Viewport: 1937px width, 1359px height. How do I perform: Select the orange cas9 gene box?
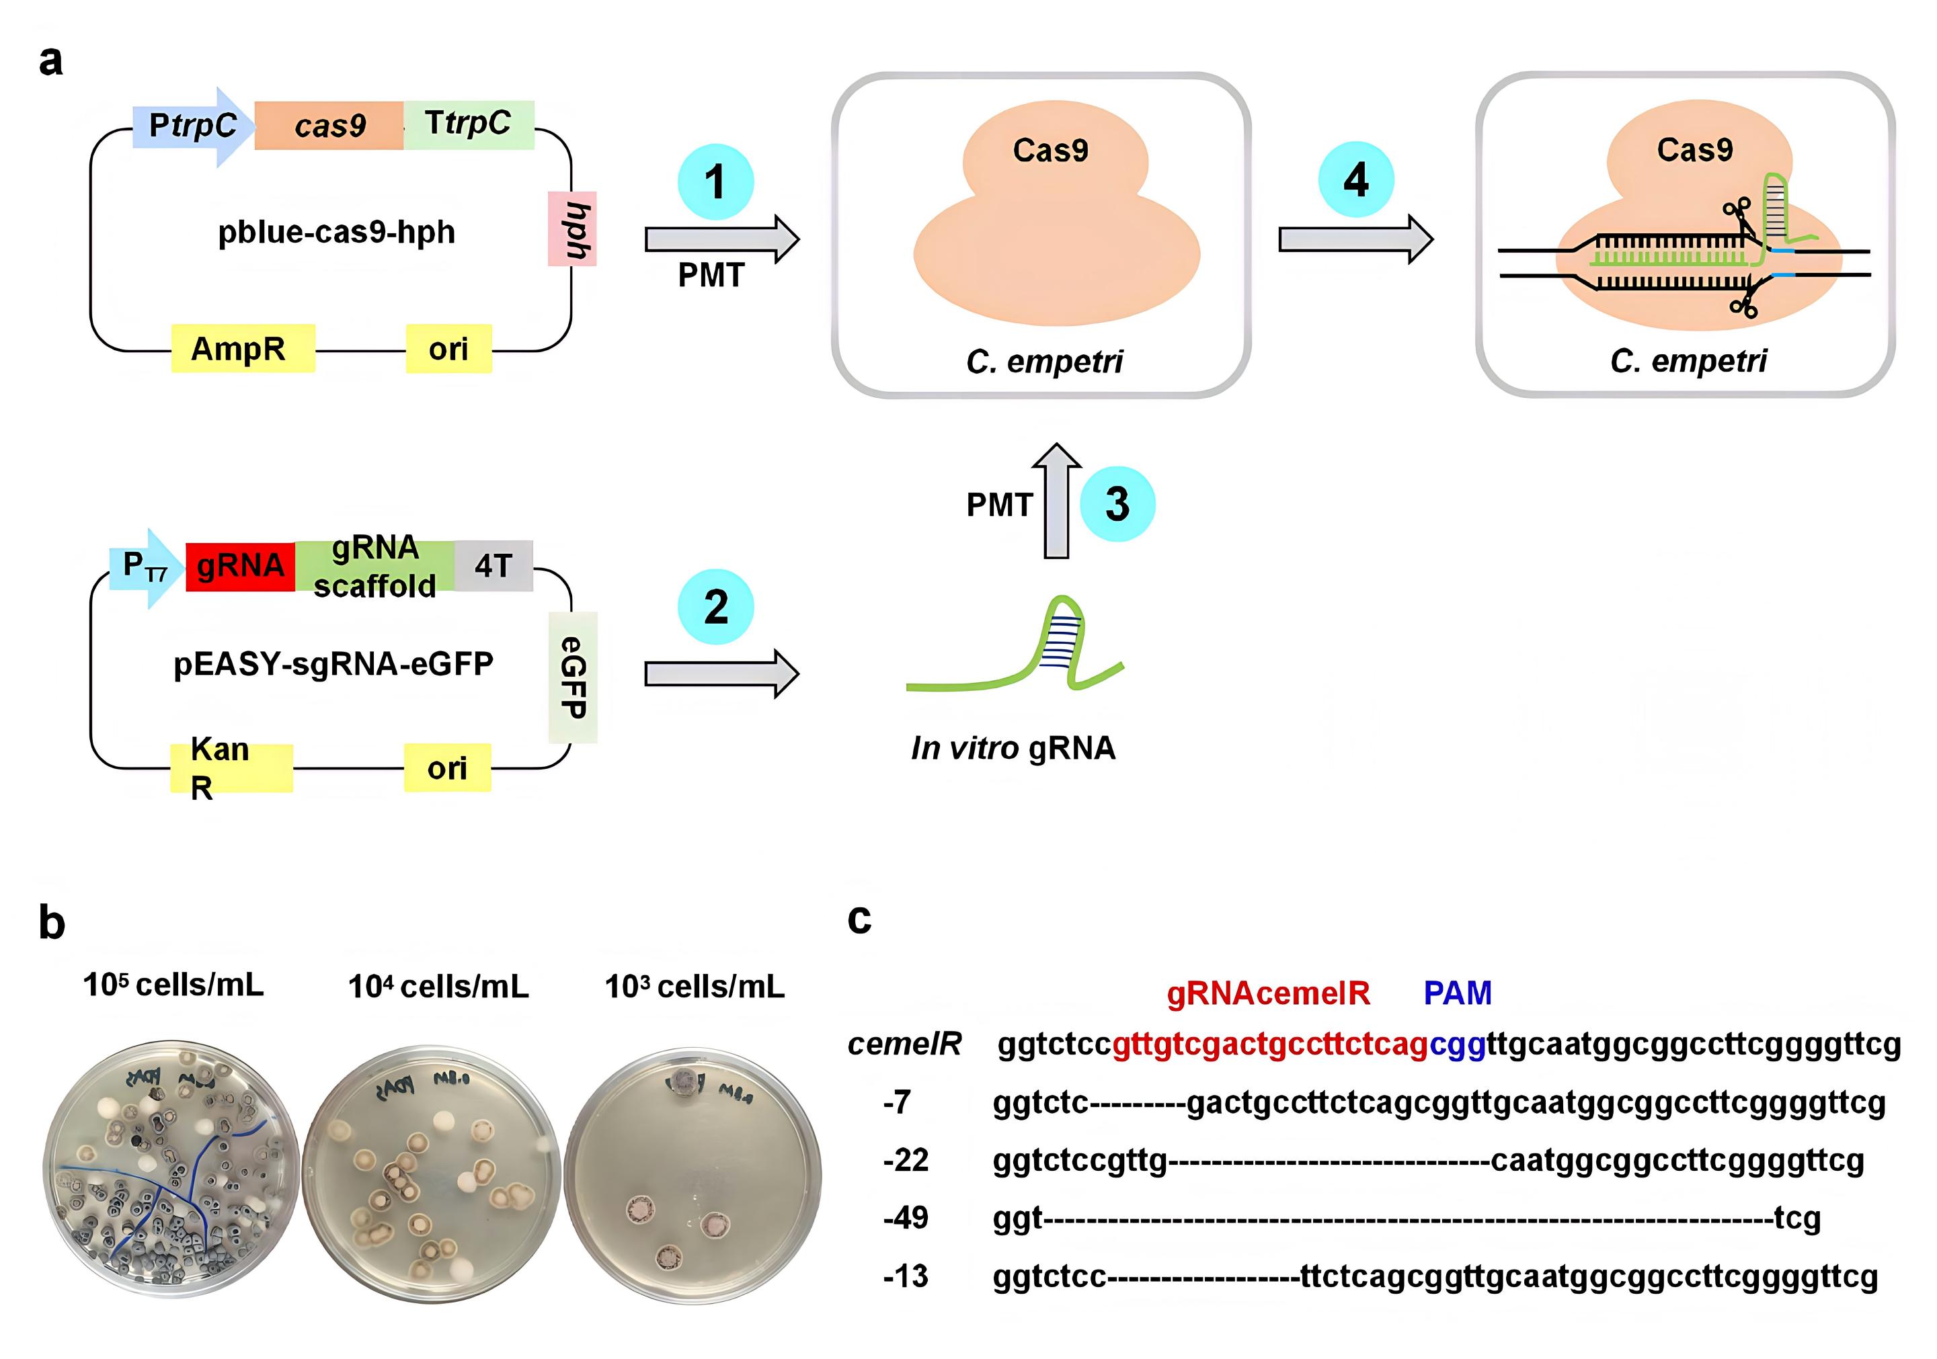pyautogui.click(x=329, y=126)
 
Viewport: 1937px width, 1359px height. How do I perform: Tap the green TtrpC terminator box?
pyautogui.click(x=468, y=124)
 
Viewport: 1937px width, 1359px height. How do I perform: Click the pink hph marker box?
pyautogui.click(x=573, y=229)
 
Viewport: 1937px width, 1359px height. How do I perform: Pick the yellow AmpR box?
pyautogui.click(x=243, y=348)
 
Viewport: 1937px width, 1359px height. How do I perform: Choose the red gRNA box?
pyautogui.click(x=241, y=566)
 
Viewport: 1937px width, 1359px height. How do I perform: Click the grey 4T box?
pyautogui.click(x=493, y=566)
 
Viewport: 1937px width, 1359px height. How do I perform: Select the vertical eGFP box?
pyautogui.click(x=573, y=677)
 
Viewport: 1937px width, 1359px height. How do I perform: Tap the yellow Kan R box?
pyautogui.click(x=231, y=768)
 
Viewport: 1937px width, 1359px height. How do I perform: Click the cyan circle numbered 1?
pyautogui.click(x=715, y=181)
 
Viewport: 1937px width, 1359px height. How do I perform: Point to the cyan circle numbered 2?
pyautogui.click(x=715, y=608)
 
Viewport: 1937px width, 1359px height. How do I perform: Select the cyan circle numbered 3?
pyautogui.click(x=1117, y=503)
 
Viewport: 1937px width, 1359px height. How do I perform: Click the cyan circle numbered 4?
pyautogui.click(x=1355, y=179)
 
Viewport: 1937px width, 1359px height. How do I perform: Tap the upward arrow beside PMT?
pyautogui.click(x=1056, y=501)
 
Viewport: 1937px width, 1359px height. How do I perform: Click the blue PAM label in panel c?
pyautogui.click(x=1457, y=993)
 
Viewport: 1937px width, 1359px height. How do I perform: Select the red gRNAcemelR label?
pyautogui.click(x=1268, y=993)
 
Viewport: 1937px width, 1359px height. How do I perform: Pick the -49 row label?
pyautogui.click(x=905, y=1217)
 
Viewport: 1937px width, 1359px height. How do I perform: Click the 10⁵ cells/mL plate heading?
pyautogui.click(x=173, y=985)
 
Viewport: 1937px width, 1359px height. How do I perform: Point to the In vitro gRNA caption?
pyautogui.click(x=1013, y=748)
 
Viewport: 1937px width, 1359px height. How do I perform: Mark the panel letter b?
pyautogui.click(x=52, y=923)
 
